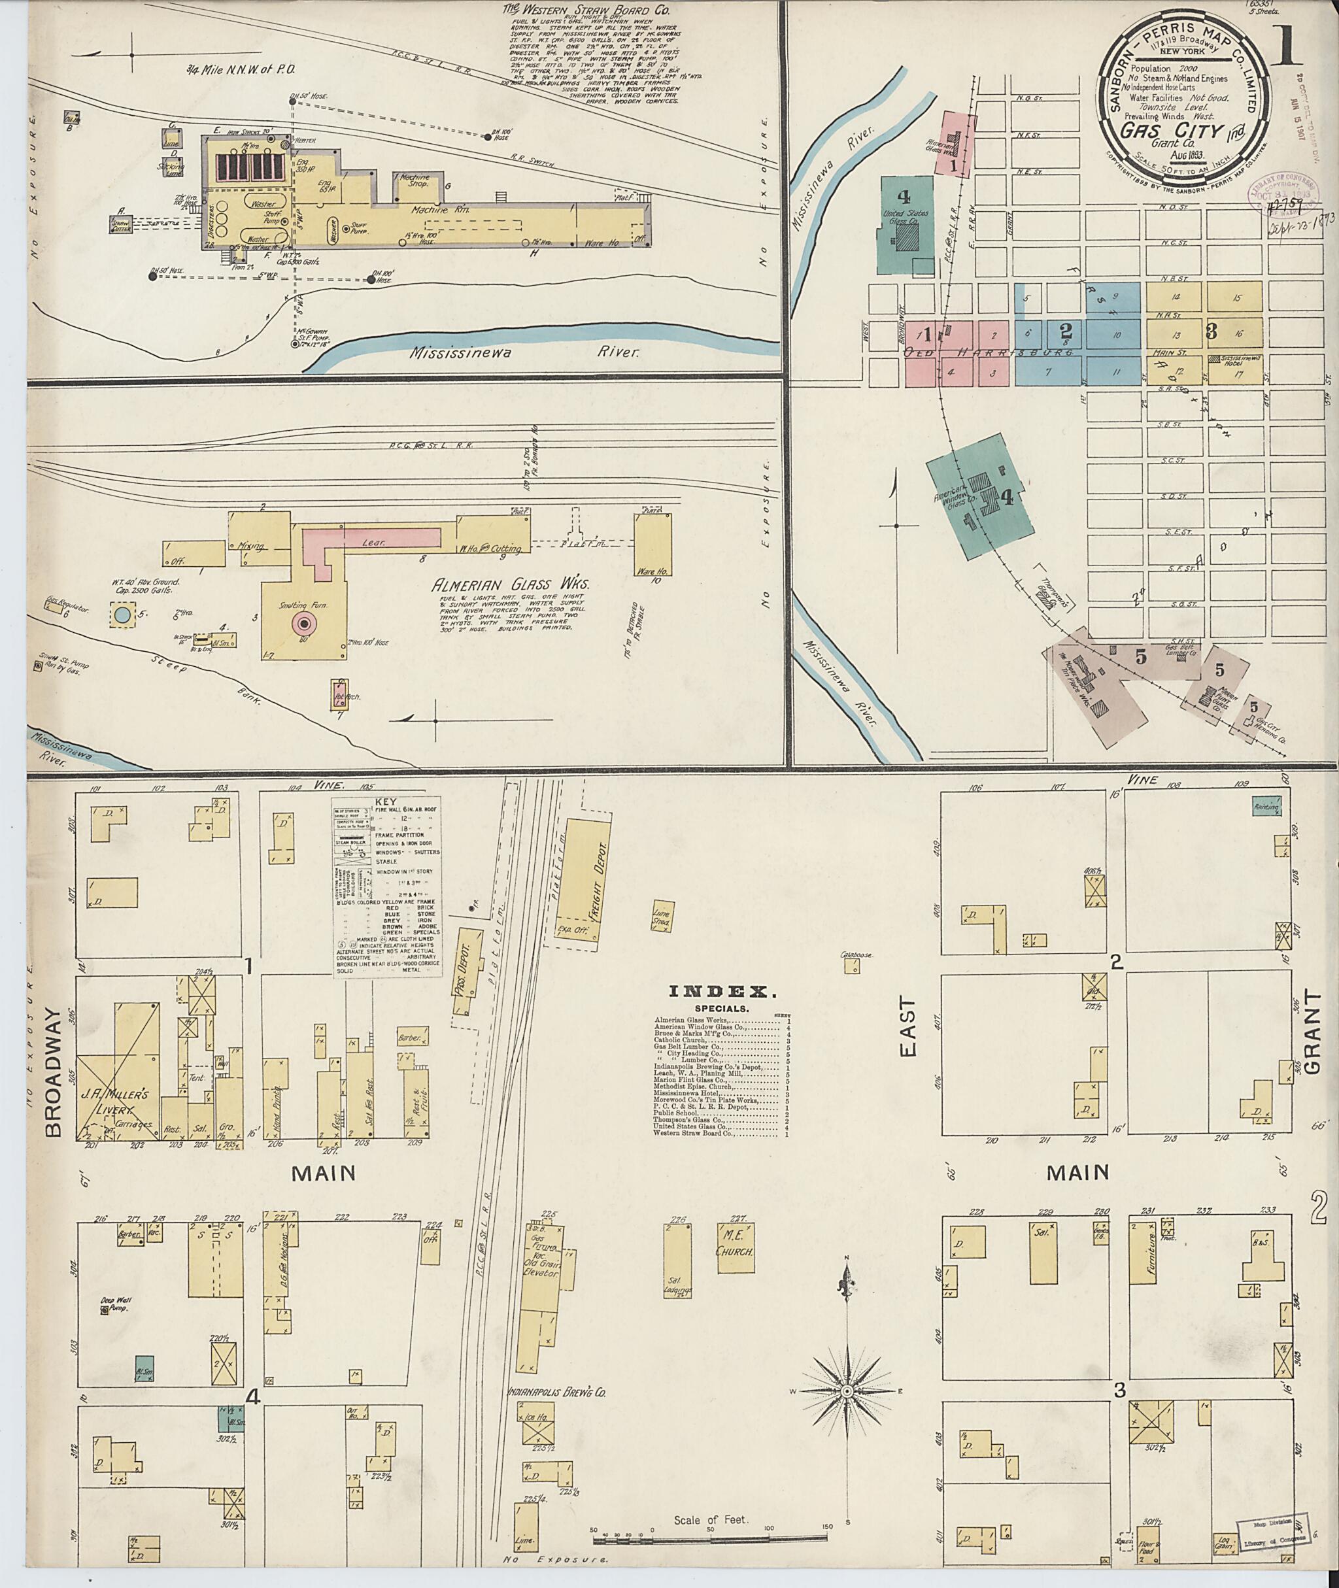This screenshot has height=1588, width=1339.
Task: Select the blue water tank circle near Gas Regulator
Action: coord(122,614)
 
